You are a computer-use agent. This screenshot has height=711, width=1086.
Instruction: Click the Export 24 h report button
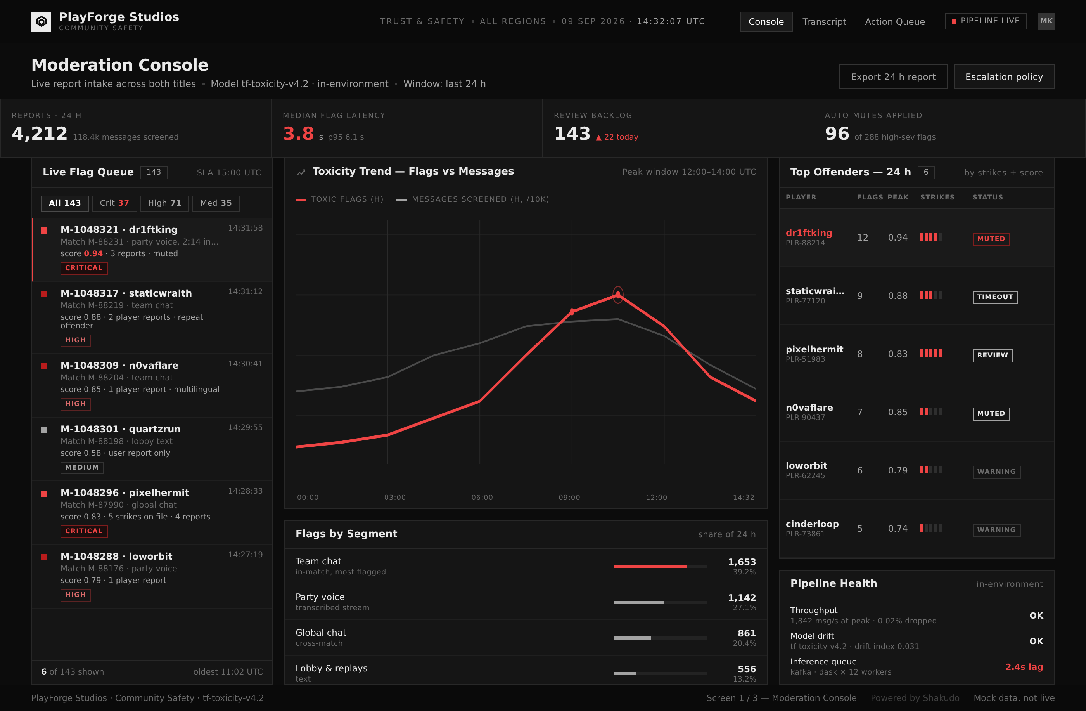point(893,77)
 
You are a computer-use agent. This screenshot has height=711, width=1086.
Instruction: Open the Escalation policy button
point(1004,77)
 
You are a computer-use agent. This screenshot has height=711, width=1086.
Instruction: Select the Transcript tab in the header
point(824,21)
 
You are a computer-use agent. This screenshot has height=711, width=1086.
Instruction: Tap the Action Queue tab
point(895,21)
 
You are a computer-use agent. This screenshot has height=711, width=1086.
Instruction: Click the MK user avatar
point(1046,21)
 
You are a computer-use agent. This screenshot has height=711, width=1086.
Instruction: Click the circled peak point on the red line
point(618,295)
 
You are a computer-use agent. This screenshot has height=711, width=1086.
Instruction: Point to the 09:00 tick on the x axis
point(569,497)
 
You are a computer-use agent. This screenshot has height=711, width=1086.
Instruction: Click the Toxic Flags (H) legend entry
point(339,199)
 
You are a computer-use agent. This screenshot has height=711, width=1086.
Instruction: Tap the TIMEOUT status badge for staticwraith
point(995,297)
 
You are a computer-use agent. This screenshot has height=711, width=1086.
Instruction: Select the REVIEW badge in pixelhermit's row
point(993,355)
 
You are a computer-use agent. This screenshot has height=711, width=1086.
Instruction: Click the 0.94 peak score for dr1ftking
point(898,238)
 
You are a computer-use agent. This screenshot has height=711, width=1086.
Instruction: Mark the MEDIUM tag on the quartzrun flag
point(82,468)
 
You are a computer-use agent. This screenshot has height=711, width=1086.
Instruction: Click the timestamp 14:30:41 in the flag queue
point(246,364)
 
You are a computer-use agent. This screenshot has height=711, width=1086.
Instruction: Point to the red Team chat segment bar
point(650,566)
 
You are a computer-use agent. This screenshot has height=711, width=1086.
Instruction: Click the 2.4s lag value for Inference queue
point(1024,667)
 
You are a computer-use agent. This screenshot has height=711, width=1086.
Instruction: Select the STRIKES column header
point(937,197)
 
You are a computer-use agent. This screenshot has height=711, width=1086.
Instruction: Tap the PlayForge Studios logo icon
point(41,21)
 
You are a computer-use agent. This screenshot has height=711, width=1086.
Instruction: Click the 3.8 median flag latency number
point(298,134)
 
